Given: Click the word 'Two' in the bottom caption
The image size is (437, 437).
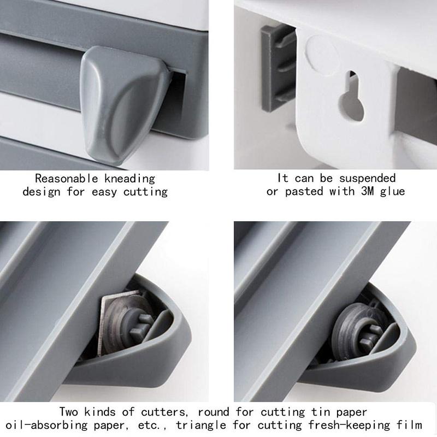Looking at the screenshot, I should (x=69, y=411).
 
